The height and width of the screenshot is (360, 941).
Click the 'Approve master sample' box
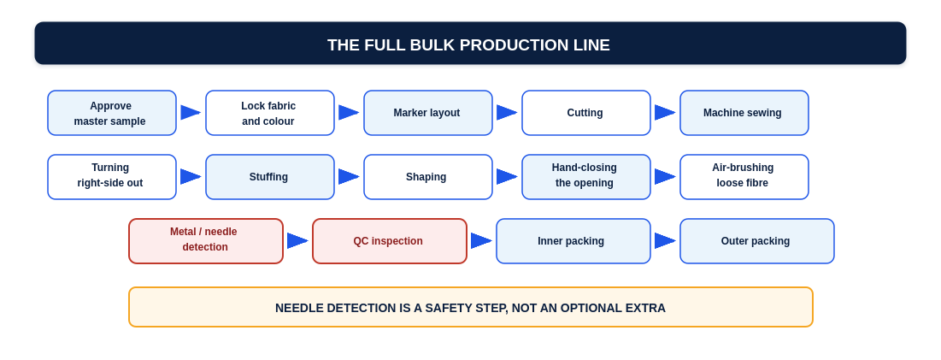(x=112, y=113)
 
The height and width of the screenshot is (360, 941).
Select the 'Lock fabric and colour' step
(x=270, y=113)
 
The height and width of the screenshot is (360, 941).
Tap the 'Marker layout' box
(x=428, y=113)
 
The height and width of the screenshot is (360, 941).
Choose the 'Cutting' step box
(x=586, y=113)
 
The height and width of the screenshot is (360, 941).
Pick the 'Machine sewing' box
(x=744, y=113)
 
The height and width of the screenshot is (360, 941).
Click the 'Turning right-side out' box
(x=112, y=177)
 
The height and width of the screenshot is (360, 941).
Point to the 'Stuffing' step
(x=270, y=177)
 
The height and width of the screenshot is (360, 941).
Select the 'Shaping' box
(x=428, y=177)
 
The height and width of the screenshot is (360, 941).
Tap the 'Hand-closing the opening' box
(x=586, y=177)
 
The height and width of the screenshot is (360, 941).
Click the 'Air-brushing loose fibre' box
(x=744, y=177)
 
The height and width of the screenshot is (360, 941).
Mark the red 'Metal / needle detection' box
(x=206, y=241)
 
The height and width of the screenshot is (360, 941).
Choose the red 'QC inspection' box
(x=390, y=241)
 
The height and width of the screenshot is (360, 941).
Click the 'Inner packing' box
(x=573, y=241)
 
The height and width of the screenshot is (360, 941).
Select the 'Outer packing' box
(x=756, y=241)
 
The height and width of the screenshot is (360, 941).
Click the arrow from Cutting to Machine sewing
(x=665, y=113)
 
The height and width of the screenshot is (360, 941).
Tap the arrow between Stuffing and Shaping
(x=349, y=177)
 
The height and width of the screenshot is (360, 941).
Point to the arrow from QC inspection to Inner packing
(x=481, y=241)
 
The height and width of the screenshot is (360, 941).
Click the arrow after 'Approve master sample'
(x=191, y=113)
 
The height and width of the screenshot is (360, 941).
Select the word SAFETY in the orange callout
(x=462, y=309)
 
